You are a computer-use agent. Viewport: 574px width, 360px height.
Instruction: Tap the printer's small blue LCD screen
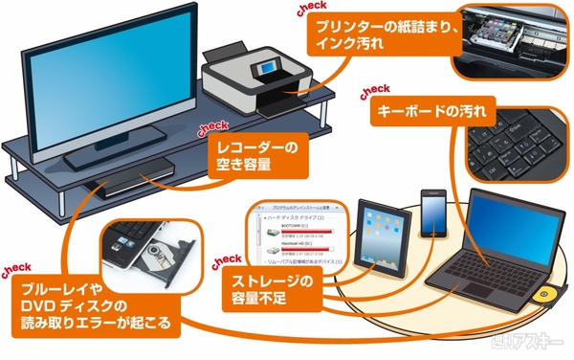coord(264,71)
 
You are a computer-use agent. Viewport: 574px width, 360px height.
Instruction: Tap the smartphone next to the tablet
coord(432,214)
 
